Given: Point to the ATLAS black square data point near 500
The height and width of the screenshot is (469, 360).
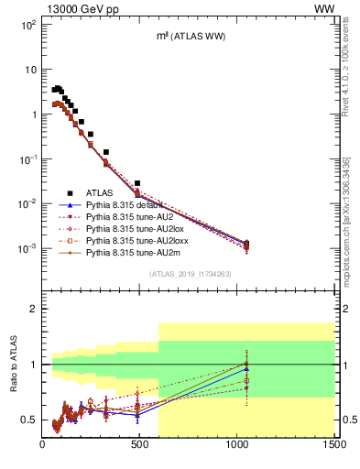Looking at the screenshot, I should coord(137,183).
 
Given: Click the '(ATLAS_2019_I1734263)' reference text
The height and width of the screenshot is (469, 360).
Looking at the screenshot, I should coord(188,274).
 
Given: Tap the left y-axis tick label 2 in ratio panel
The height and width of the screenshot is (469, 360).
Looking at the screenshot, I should coord(33,310).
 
